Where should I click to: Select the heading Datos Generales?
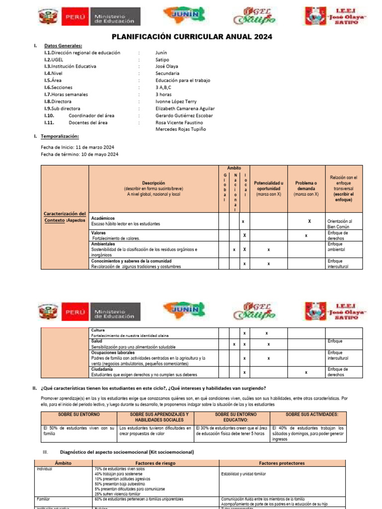click(x=63, y=46)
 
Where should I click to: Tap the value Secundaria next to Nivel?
click(x=167, y=73)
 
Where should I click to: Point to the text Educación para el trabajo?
click(x=183, y=80)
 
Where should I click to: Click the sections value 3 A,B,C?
click(x=164, y=87)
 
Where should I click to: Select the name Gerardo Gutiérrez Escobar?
click(x=184, y=115)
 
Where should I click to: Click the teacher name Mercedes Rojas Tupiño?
click(x=181, y=129)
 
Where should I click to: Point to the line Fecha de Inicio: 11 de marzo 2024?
click(x=78, y=147)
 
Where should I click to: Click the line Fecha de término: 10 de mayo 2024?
click(x=80, y=154)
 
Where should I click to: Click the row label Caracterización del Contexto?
click(x=65, y=217)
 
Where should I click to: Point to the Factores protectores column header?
click(x=282, y=463)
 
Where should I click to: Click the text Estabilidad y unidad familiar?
click(x=243, y=474)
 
